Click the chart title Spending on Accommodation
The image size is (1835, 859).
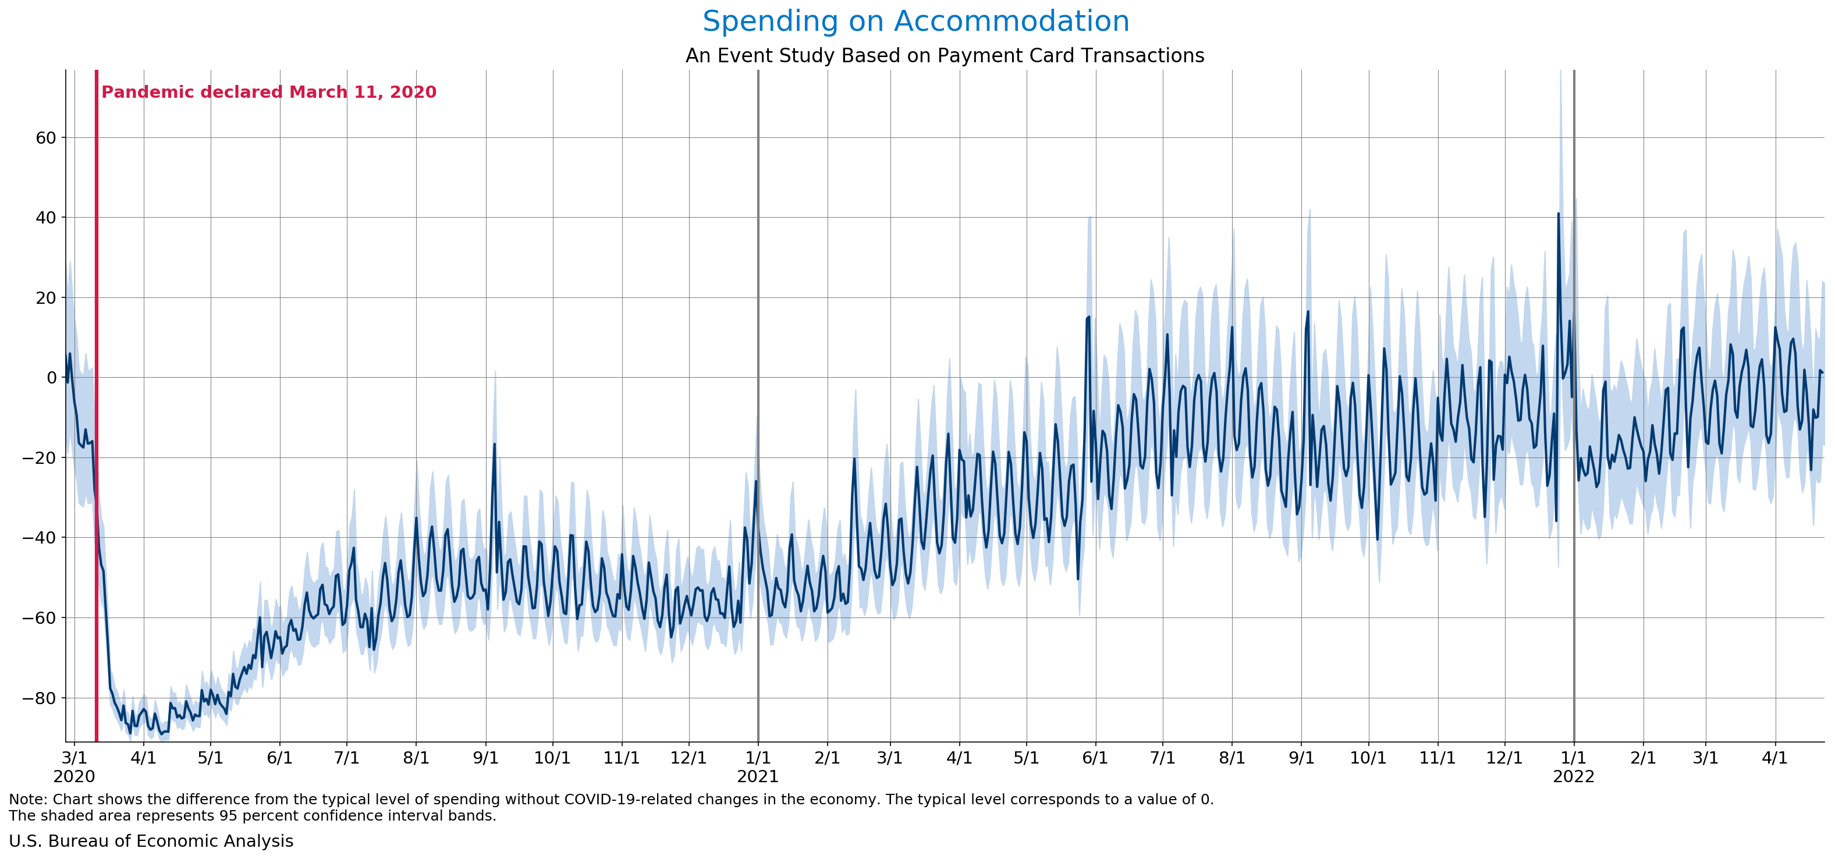pos(915,22)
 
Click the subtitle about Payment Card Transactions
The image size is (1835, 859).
pos(944,55)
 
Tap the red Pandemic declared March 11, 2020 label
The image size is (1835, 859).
pos(268,92)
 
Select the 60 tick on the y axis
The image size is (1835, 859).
pos(45,137)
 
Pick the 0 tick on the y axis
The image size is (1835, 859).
pos(51,378)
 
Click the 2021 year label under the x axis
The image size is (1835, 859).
pos(757,776)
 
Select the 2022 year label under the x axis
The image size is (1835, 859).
pos(1573,776)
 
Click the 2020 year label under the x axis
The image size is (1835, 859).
pos(74,776)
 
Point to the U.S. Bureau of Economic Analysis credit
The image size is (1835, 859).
pos(151,841)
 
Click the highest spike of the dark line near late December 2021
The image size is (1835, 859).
pos(1557,214)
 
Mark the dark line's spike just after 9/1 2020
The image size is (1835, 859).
pos(494,445)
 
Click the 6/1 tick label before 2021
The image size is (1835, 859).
pos(279,758)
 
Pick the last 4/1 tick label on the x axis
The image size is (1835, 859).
pos(1774,758)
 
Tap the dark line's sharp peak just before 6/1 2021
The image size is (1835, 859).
pos(1088,318)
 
